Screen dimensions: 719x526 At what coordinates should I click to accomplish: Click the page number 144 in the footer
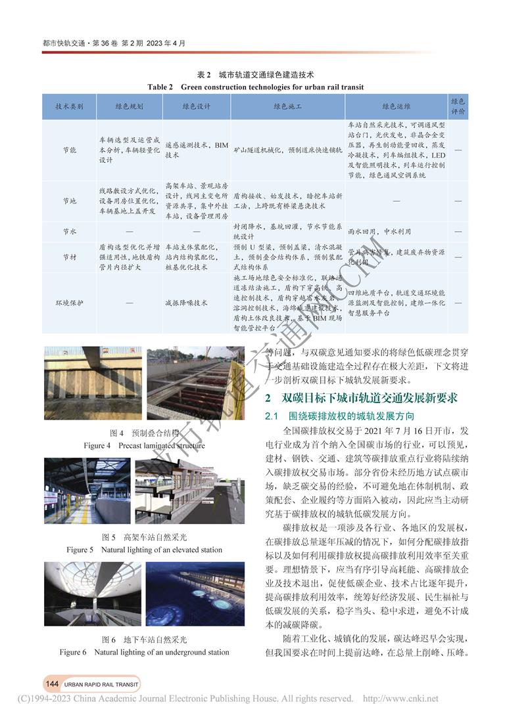pyautogui.click(x=53, y=684)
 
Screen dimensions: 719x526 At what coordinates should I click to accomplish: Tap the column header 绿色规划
pyautogui.click(x=129, y=106)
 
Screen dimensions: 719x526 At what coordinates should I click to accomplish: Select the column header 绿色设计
pyautogui.click(x=195, y=106)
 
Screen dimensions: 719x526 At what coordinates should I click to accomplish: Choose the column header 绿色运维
pyautogui.click(x=396, y=106)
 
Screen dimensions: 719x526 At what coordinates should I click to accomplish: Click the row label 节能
pyautogui.click(x=69, y=150)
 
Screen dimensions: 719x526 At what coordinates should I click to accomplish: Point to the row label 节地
pyautogui.click(x=69, y=200)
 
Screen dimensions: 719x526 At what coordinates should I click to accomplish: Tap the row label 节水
pyautogui.click(x=69, y=232)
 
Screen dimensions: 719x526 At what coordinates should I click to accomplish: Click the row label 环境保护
pyautogui.click(x=69, y=303)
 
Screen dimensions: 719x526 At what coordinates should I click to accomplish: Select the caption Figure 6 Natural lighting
pyautogui.click(x=145, y=652)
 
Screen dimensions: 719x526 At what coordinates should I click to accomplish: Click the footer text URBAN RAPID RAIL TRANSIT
pyautogui.click(x=101, y=684)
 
